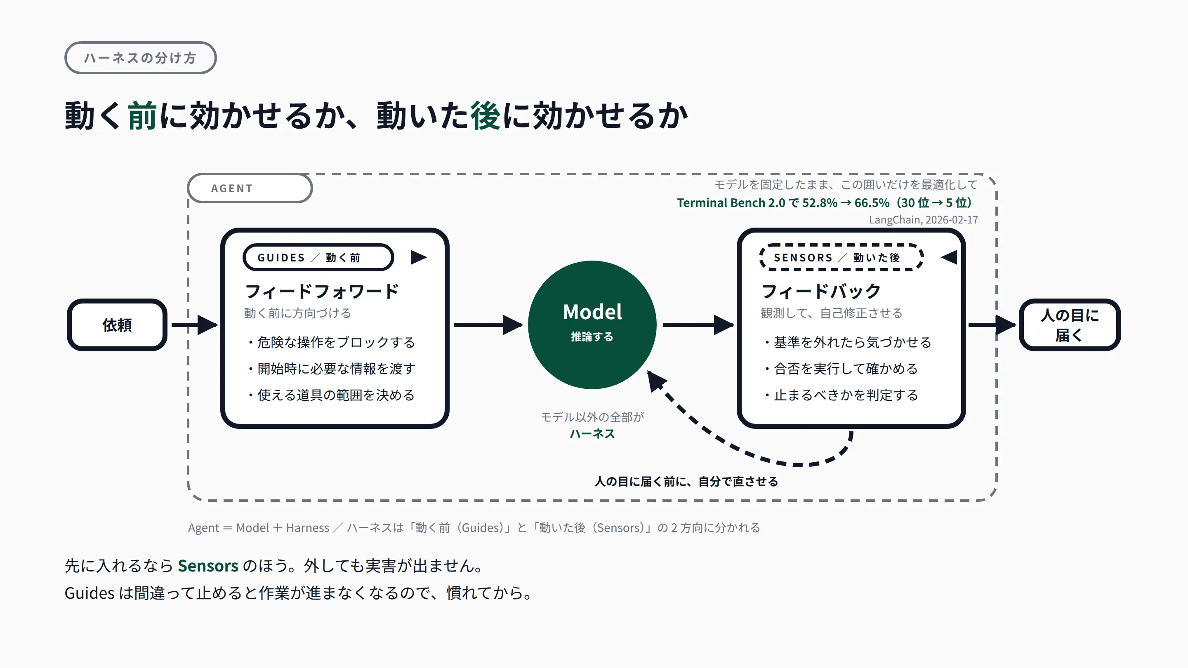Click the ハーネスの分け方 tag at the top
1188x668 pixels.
[140, 58]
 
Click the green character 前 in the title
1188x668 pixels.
[142, 115]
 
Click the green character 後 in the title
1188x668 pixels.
[485, 115]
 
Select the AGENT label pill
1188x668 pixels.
[250, 188]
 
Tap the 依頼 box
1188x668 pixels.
[117, 325]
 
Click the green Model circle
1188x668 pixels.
[592, 325]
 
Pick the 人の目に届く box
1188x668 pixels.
[1070, 325]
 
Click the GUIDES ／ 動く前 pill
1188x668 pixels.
[318, 257]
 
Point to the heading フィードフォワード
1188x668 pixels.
[322, 292]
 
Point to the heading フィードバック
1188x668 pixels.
[821, 292]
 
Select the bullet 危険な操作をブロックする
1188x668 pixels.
[332, 342]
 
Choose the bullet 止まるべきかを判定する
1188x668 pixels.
[841, 395]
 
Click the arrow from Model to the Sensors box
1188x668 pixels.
[698, 325]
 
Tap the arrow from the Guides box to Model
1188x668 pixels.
[488, 325]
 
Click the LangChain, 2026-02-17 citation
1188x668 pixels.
[923, 220]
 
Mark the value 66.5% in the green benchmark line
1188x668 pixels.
[872, 203]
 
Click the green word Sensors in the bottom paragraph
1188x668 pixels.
[208, 566]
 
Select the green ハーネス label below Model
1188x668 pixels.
[592, 434]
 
